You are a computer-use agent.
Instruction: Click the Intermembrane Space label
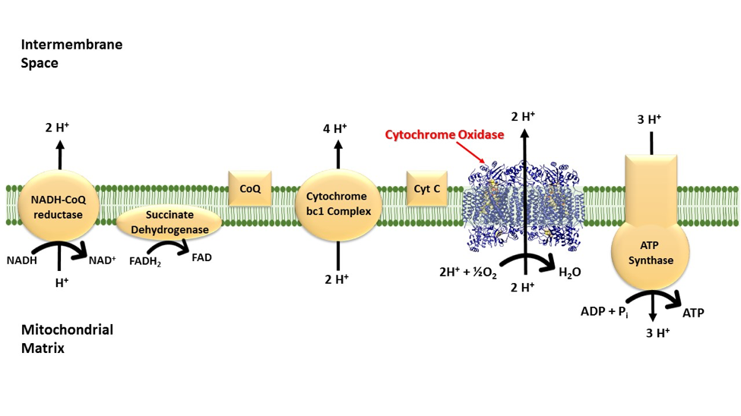71,54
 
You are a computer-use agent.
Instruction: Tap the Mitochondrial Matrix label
67,339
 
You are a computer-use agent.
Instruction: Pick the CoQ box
250,188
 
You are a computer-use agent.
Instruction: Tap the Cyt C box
426,188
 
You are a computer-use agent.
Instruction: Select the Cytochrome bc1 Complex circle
338,205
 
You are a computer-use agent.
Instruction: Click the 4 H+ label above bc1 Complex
334,128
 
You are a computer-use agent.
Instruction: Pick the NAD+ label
103,260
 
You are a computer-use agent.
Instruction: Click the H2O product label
569,272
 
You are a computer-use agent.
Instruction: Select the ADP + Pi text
605,311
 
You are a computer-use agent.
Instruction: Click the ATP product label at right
693,312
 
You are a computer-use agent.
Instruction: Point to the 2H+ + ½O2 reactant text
466,273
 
